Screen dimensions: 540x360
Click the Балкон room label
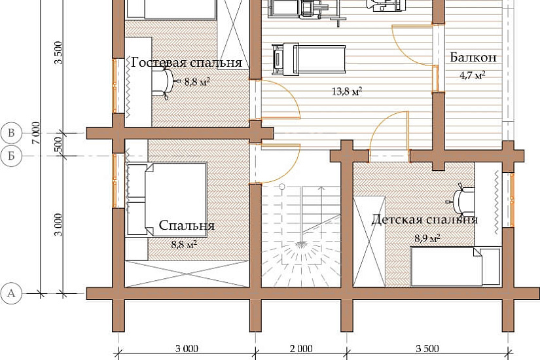point(473,57)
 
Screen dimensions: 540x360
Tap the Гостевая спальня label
point(187,62)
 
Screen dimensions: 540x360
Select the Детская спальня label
point(424,219)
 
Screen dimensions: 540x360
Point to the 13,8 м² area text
point(347,91)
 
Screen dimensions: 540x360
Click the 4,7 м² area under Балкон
point(473,75)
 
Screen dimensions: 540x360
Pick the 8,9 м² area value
point(427,238)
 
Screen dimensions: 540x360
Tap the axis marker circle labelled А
point(11,293)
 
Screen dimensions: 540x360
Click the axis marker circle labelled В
point(11,133)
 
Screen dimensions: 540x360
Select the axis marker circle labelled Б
point(11,156)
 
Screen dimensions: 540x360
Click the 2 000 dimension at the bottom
point(301,349)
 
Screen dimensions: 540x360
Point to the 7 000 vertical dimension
point(36,133)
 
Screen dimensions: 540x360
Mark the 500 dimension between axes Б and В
point(58,144)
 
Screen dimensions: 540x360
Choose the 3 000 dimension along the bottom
point(187,349)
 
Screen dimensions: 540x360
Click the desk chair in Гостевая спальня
point(164,82)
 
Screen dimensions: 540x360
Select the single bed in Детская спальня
point(456,266)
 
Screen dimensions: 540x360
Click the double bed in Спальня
point(166,200)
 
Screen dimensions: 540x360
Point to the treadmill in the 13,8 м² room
point(308,58)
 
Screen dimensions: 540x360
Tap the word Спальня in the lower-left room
point(187,225)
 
